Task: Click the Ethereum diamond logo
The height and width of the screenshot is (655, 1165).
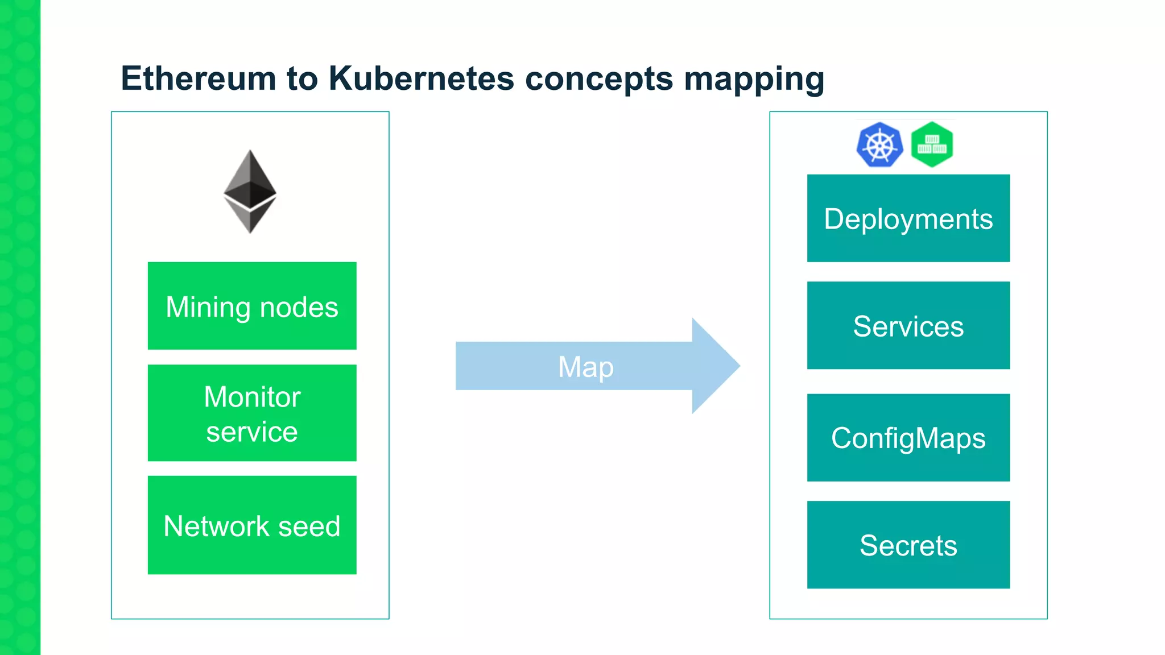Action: tap(250, 192)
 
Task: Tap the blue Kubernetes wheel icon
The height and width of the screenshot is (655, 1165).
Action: tap(879, 145)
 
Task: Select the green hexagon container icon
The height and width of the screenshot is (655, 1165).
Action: tap(932, 144)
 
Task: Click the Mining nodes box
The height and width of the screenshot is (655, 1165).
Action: tap(252, 306)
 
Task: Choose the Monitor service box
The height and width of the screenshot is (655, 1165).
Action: tap(252, 413)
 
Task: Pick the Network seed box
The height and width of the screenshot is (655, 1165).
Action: tap(252, 525)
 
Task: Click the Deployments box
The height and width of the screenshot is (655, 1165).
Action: tap(908, 218)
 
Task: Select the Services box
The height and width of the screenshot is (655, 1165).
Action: tap(908, 326)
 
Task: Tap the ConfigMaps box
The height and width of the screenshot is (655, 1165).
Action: tap(908, 438)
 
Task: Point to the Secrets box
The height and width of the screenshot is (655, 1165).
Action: tap(908, 545)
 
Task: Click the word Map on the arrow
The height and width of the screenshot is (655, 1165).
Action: tap(586, 367)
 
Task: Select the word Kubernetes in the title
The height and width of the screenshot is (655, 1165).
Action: tap(421, 78)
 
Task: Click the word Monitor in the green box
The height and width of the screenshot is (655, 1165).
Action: tap(252, 397)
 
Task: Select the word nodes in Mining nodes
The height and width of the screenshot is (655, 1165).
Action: tap(299, 308)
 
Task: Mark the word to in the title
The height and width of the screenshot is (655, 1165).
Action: tap(302, 78)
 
